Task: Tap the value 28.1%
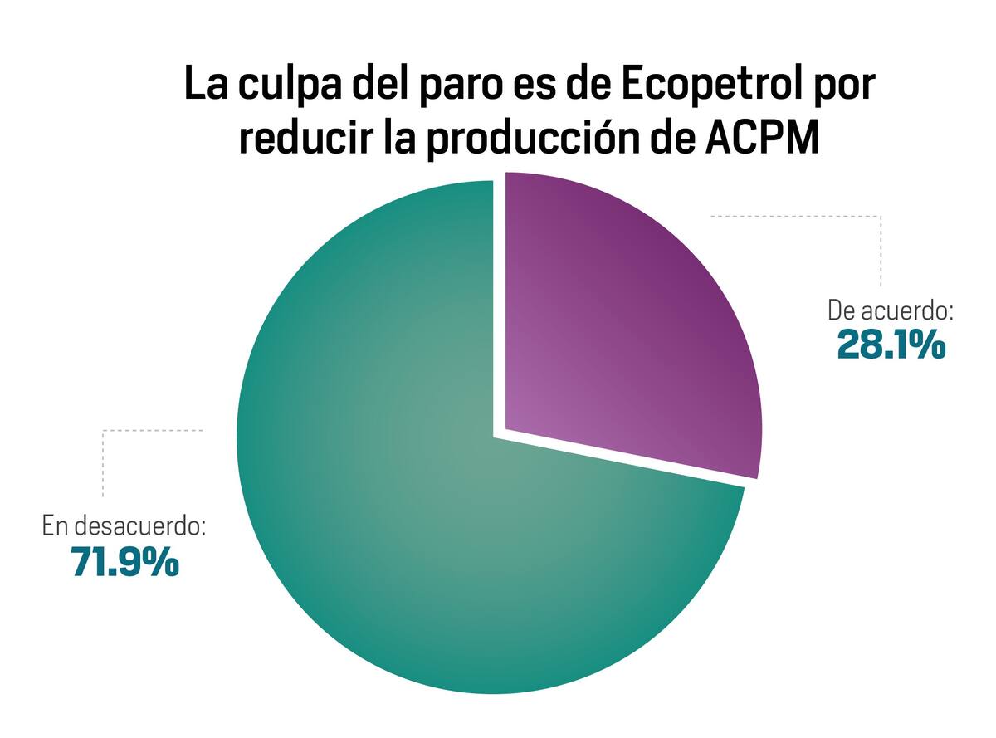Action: tap(891, 345)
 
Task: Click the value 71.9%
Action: tap(125, 562)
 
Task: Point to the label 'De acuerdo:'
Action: tap(891, 311)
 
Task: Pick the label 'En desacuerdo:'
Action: tap(124, 526)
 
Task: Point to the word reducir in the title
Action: tap(299, 138)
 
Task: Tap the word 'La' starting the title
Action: tap(203, 86)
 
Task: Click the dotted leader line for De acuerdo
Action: tap(880, 249)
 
